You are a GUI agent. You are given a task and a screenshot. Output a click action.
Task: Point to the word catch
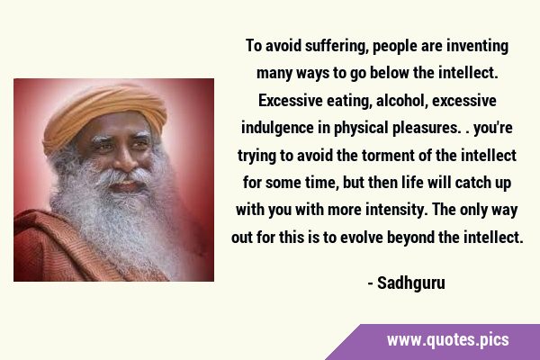pos(471,183)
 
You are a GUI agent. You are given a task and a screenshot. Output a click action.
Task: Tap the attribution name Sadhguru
pos(411,283)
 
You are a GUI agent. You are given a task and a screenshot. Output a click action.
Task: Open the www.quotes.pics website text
pos(447,339)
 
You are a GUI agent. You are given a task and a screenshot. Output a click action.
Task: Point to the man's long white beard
pos(117,220)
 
